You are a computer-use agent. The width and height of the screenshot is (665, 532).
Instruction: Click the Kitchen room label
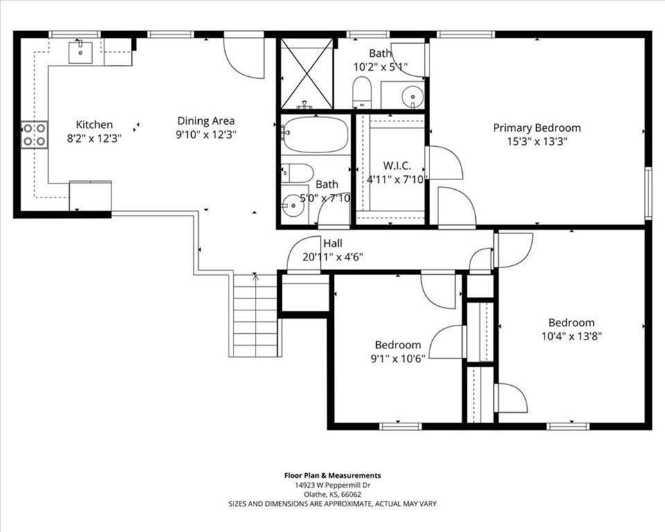tap(94, 125)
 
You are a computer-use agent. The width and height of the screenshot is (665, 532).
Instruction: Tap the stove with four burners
tap(35, 134)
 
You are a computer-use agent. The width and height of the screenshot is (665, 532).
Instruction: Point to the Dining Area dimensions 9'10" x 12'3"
tap(206, 135)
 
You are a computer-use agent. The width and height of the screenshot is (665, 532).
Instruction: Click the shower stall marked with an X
tap(307, 74)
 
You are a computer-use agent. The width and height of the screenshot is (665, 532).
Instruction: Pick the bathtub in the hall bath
tap(315, 134)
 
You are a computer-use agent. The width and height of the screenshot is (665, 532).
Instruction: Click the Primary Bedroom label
tap(537, 127)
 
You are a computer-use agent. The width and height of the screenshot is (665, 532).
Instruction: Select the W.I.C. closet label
tap(397, 166)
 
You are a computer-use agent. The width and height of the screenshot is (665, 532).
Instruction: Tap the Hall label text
tap(333, 244)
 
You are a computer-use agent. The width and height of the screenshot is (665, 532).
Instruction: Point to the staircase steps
tap(255, 315)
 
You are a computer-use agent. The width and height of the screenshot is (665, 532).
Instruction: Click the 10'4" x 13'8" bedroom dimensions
tap(571, 337)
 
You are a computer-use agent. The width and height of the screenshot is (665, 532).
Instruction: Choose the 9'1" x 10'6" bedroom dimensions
tap(398, 359)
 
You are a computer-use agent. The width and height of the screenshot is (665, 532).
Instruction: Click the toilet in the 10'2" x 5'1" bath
tap(362, 92)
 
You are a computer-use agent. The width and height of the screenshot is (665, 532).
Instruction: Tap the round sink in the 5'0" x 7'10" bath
tap(293, 206)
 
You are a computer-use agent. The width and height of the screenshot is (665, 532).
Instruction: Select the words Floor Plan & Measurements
tap(332, 476)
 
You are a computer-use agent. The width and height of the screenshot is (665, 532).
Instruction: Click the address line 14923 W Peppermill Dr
tap(332, 486)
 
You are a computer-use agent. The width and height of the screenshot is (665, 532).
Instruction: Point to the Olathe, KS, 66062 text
tap(332, 495)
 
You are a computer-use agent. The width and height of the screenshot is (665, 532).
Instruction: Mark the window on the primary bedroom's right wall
tap(648, 193)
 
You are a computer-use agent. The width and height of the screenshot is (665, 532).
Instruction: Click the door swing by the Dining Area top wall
tap(244, 57)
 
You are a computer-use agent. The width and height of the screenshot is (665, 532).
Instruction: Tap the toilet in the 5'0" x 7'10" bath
tap(297, 173)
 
